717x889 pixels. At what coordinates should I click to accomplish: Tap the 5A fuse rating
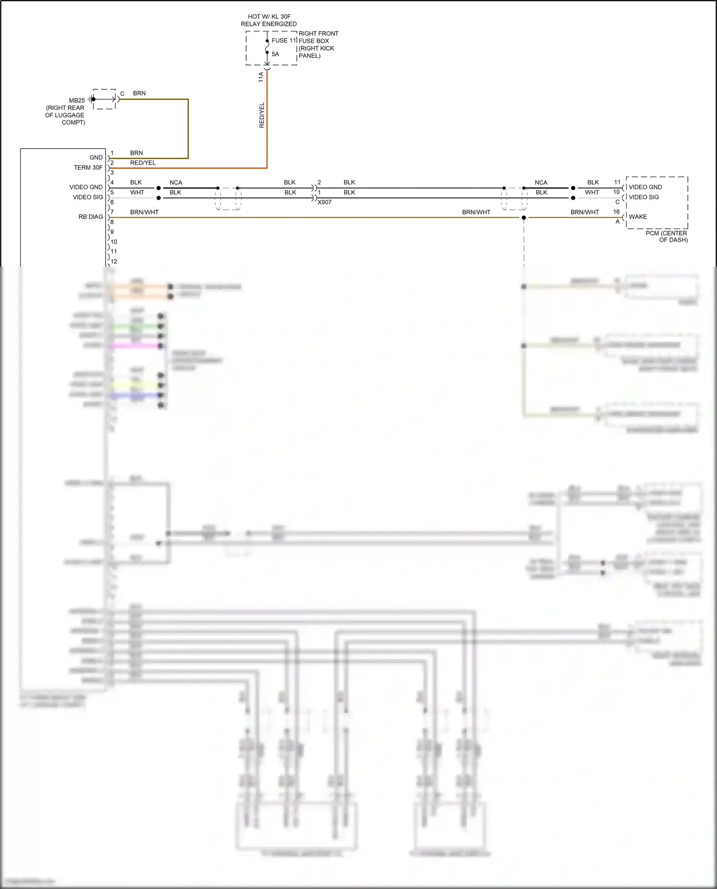click(275, 54)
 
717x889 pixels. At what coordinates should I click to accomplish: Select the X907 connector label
click(325, 202)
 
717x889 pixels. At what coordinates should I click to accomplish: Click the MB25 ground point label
click(77, 100)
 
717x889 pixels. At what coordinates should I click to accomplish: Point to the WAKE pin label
click(638, 216)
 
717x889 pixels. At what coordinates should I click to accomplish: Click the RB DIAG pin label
click(91, 216)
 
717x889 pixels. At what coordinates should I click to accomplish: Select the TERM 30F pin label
click(88, 167)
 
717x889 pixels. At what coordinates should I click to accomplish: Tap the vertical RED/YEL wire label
click(261, 115)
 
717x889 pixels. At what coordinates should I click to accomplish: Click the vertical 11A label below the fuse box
click(261, 77)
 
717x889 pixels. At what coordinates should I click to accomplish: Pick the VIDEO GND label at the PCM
click(645, 187)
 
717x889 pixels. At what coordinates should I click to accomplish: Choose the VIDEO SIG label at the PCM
click(643, 197)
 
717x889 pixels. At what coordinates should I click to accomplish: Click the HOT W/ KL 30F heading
click(269, 16)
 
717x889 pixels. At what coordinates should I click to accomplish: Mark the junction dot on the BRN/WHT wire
click(524, 218)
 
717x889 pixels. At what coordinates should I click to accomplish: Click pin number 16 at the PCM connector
click(617, 212)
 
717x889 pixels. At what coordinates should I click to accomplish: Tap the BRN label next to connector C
click(140, 93)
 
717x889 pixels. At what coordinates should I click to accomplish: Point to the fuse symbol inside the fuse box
click(267, 47)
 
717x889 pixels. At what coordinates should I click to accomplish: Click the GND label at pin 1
click(96, 157)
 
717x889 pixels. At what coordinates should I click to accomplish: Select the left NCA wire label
click(176, 182)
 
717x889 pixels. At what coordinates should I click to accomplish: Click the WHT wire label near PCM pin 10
click(592, 192)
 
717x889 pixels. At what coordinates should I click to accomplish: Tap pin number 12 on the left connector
click(114, 261)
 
